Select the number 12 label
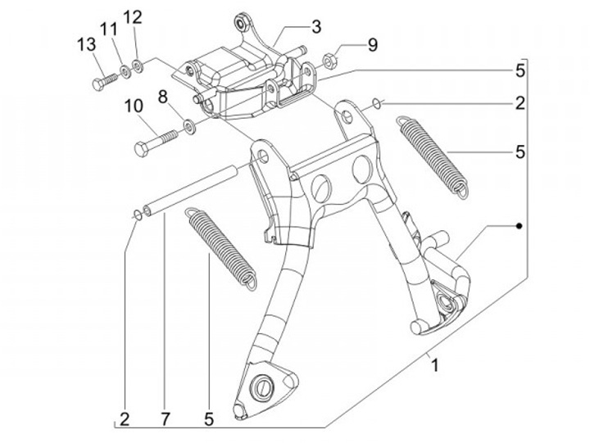[133, 17]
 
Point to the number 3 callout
[315, 26]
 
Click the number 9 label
[373, 44]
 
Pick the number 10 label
[133, 106]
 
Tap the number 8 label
[162, 97]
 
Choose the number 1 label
[435, 366]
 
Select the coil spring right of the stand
[432, 156]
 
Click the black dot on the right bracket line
[520, 225]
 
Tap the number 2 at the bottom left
[124, 419]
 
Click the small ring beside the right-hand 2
[376, 103]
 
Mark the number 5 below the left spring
[208, 419]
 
